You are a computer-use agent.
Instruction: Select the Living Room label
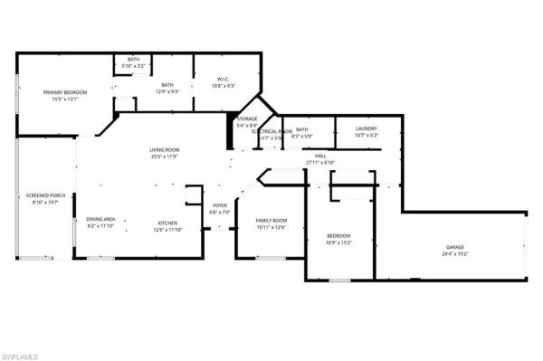pyautogui.click(x=165, y=149)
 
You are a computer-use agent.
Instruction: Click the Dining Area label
pyautogui.click(x=100, y=220)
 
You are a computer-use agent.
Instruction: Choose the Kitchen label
pyautogui.click(x=167, y=223)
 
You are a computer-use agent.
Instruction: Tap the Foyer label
pyautogui.click(x=220, y=205)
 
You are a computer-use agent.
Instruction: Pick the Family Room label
pyautogui.click(x=271, y=221)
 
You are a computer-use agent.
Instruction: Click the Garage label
pyautogui.click(x=456, y=247)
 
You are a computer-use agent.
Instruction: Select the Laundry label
pyautogui.click(x=366, y=128)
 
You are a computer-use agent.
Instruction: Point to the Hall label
pyautogui.click(x=320, y=156)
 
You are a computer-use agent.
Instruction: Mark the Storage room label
pyautogui.click(x=247, y=119)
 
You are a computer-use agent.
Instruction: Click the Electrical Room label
pyautogui.click(x=271, y=131)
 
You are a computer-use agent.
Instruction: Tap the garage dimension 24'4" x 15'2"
pyautogui.click(x=456, y=254)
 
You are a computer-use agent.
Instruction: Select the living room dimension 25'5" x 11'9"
pyautogui.click(x=165, y=157)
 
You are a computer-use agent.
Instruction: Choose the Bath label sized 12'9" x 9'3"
pyautogui.click(x=168, y=85)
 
